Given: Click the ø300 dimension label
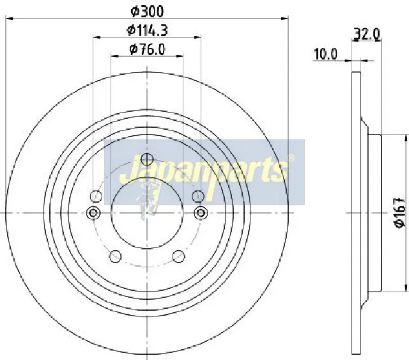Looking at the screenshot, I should (x=148, y=11).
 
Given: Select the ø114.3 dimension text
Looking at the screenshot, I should (x=148, y=29).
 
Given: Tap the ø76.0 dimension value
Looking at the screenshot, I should (x=147, y=49).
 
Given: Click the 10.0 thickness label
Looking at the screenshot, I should (x=325, y=54).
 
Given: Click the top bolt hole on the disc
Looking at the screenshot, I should (x=148, y=160).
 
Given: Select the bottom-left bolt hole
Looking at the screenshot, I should (x=116, y=256).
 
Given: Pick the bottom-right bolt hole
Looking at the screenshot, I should (x=179, y=256).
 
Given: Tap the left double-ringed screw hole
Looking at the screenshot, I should (x=93, y=212).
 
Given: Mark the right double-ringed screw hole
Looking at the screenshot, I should (x=201, y=212).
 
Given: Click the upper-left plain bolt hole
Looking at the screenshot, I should (x=97, y=196).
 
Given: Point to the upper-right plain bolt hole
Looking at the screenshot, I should (x=197, y=196).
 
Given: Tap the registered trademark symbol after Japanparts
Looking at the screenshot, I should (x=291, y=158).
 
